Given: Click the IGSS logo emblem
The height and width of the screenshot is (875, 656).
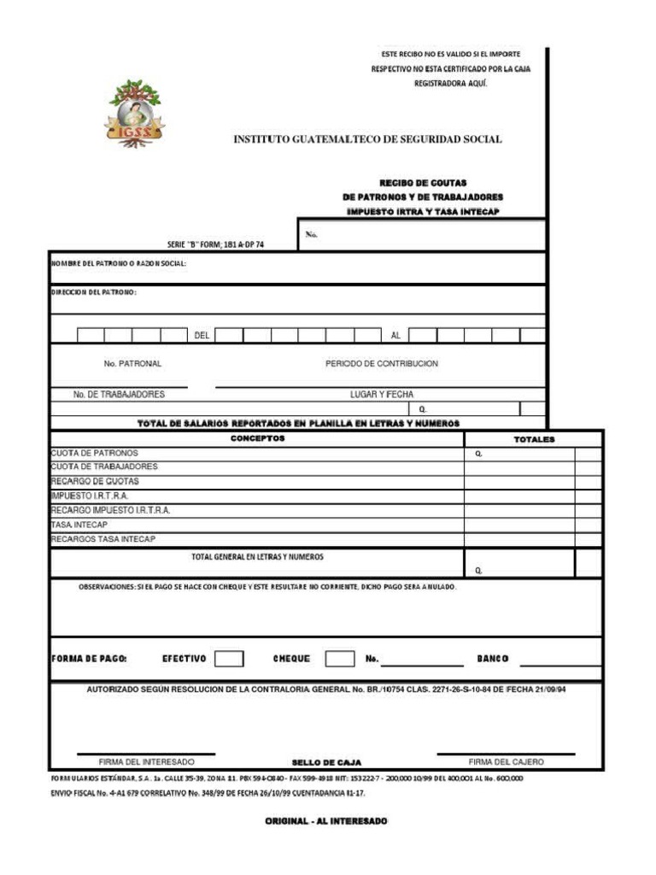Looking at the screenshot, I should click(x=135, y=114).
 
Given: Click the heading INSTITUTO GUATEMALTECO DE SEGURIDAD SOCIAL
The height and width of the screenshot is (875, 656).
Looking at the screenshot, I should click(x=367, y=139).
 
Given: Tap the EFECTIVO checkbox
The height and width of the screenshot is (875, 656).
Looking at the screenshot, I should click(x=229, y=659).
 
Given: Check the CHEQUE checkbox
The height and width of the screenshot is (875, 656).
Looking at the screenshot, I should click(x=340, y=659).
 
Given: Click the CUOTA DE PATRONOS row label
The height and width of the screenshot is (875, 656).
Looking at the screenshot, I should click(x=95, y=453).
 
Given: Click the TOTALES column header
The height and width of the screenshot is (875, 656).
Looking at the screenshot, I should click(x=534, y=439).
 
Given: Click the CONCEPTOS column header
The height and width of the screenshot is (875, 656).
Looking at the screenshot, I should click(x=257, y=438).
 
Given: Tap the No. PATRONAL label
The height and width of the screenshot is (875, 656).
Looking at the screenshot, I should click(x=132, y=363).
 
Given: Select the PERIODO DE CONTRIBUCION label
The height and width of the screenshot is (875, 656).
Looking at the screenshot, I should click(x=381, y=363).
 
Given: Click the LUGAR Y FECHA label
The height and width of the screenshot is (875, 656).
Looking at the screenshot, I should click(x=381, y=395).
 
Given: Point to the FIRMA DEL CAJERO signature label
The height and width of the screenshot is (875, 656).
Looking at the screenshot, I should click(x=506, y=761).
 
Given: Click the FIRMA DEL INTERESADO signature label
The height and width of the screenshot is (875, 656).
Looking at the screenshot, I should click(x=146, y=761).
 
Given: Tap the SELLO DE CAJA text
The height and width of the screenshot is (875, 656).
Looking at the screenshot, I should click(x=326, y=762).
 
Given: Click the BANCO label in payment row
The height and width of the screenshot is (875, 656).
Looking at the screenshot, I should click(x=493, y=659).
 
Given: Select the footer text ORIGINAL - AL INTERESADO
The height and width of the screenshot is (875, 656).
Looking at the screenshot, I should click(x=325, y=821).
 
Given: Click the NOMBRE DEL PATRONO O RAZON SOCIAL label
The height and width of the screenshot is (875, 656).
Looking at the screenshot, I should click(x=118, y=263).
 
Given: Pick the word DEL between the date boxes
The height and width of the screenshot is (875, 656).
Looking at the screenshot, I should click(x=202, y=336).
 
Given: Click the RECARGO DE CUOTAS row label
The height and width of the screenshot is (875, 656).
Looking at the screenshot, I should click(x=95, y=481).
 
